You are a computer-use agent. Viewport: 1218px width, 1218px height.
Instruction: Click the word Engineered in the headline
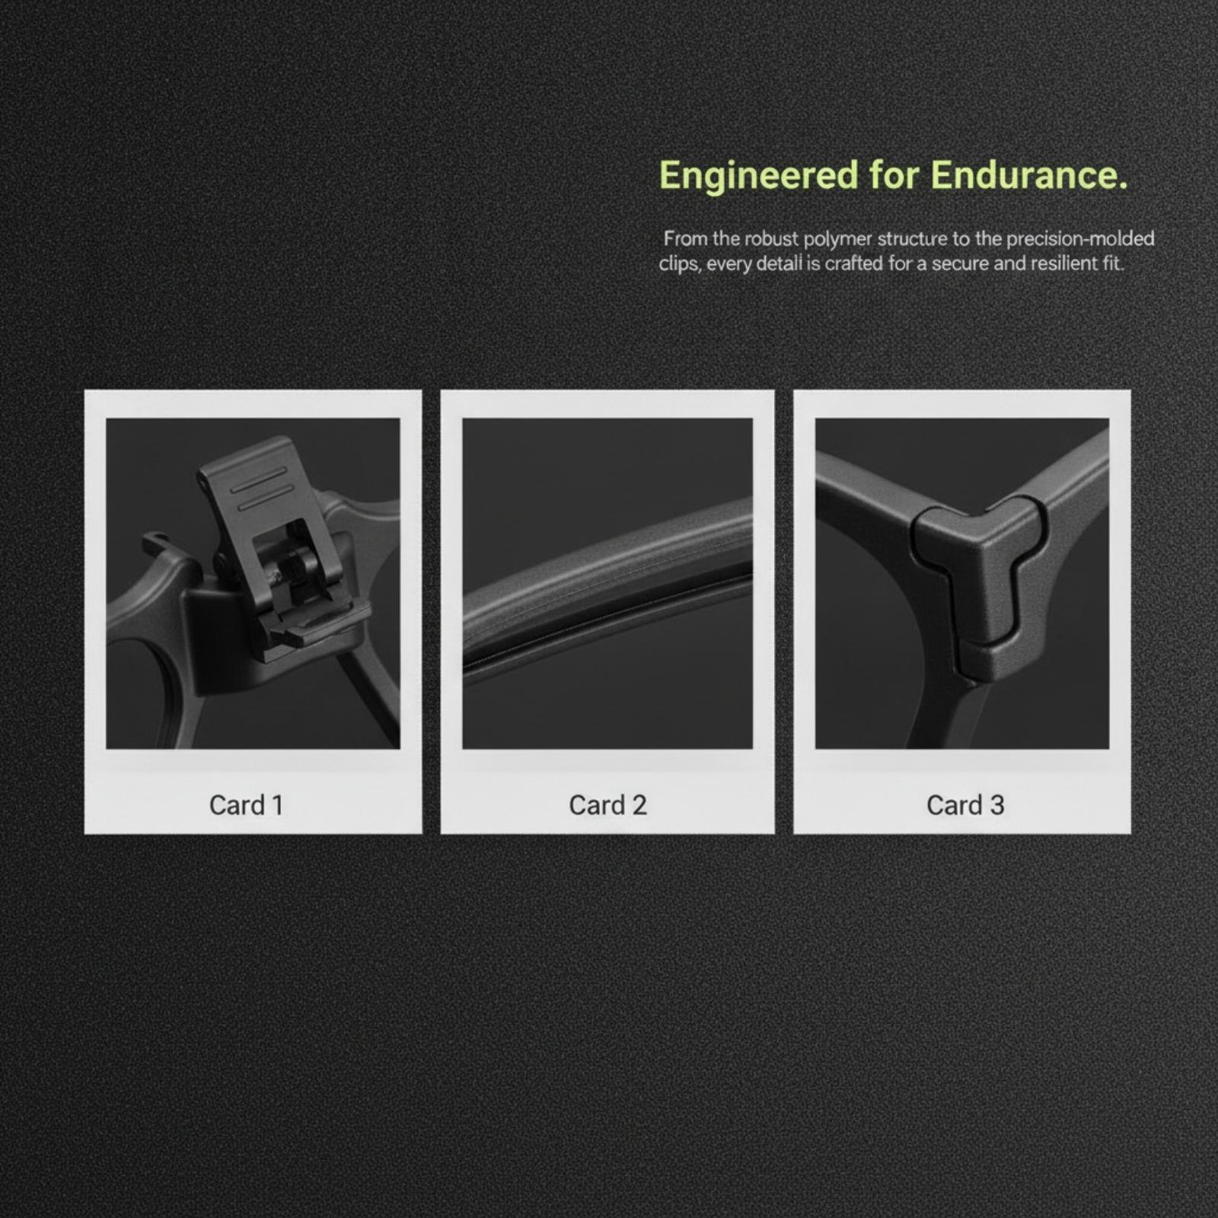(758, 177)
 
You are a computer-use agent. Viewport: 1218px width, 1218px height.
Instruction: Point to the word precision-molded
(1080, 239)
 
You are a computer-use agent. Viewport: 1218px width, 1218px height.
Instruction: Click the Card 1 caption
(246, 805)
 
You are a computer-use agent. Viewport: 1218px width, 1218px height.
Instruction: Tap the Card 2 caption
(607, 805)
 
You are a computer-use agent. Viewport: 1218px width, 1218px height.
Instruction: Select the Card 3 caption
(965, 805)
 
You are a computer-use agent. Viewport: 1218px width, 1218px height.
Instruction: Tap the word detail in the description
(780, 264)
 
